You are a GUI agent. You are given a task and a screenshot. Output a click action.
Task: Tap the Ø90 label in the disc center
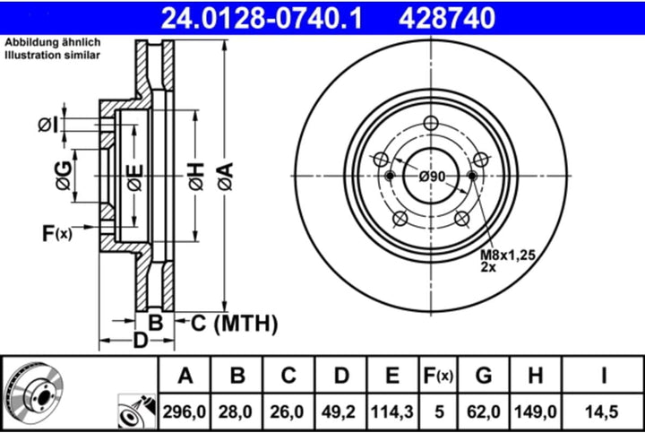(x=432, y=176)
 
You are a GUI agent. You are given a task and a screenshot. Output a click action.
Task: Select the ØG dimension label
(x=63, y=177)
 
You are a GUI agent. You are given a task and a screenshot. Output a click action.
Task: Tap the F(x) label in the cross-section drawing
(x=56, y=234)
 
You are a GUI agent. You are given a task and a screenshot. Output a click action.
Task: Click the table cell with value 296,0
(x=185, y=412)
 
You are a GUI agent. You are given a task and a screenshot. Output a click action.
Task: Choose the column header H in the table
(x=534, y=376)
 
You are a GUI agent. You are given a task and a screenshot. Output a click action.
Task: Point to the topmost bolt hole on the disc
(x=431, y=125)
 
